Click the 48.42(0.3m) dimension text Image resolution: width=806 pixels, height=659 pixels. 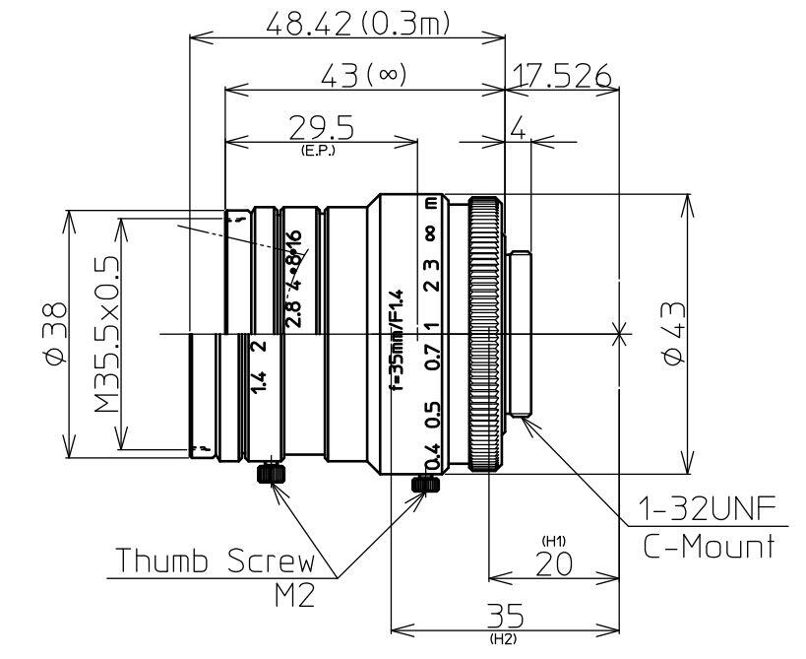point(358,24)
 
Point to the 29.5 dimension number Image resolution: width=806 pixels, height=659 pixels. point(322,128)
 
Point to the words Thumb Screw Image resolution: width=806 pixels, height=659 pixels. point(217,560)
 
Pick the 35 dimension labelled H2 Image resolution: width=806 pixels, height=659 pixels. point(506,617)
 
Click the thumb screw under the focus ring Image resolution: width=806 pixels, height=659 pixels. point(425,486)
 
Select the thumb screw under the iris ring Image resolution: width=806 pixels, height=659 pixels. point(269,475)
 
